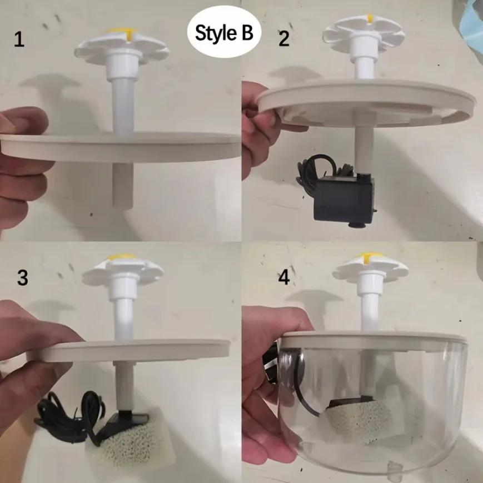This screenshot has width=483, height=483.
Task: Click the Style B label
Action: pos(223,33)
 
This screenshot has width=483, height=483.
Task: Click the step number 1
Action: pos(19,40)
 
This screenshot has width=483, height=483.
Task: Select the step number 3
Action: pos(22,278)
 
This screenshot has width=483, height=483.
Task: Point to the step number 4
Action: pos(284,277)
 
